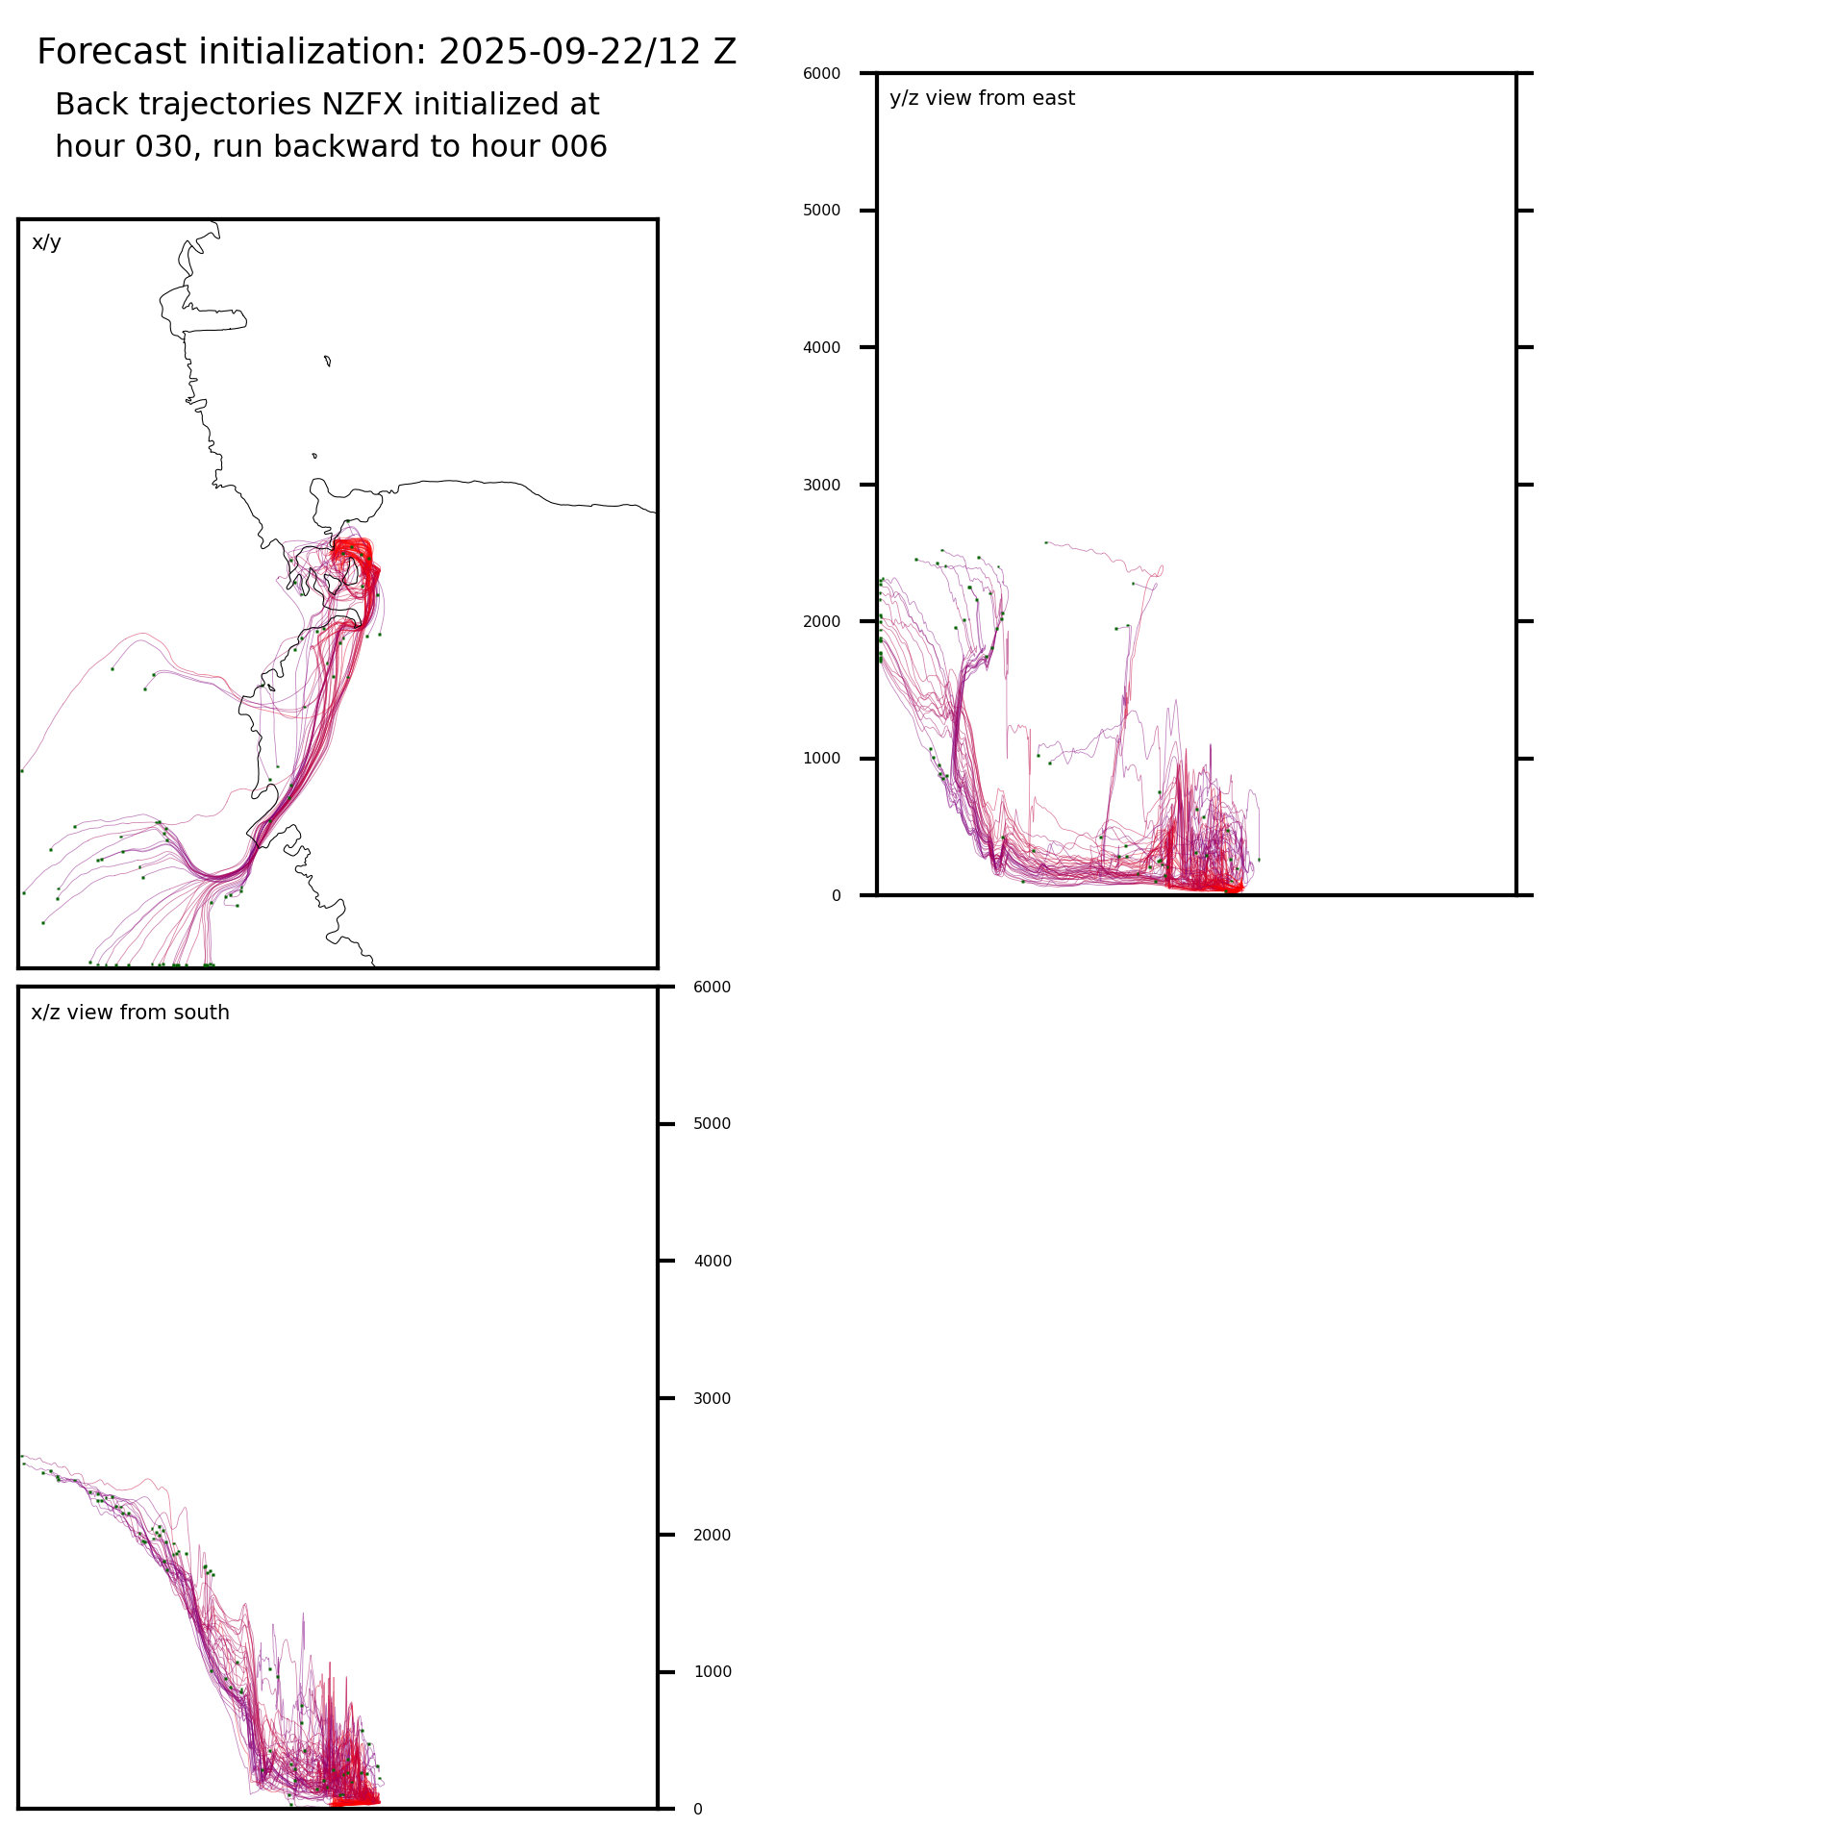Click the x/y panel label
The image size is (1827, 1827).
[x=46, y=242]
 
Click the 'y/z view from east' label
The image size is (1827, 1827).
[x=982, y=98]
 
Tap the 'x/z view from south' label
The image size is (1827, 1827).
[x=130, y=1013]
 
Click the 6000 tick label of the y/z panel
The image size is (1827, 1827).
[x=821, y=73]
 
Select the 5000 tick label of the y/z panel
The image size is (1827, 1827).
[x=821, y=211]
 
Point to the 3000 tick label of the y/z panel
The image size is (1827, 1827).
[x=821, y=485]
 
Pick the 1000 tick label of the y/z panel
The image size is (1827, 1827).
[x=821, y=759]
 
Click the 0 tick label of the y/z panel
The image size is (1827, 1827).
[x=836, y=896]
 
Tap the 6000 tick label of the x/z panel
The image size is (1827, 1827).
[x=712, y=987]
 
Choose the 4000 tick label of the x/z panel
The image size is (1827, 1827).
[x=712, y=1261]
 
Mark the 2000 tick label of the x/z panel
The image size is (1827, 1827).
[x=712, y=1535]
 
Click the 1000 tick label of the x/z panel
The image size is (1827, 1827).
[x=712, y=1672]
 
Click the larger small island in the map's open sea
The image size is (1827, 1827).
[x=328, y=361]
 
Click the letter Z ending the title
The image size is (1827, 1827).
[x=724, y=52]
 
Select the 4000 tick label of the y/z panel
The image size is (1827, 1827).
[x=821, y=347]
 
